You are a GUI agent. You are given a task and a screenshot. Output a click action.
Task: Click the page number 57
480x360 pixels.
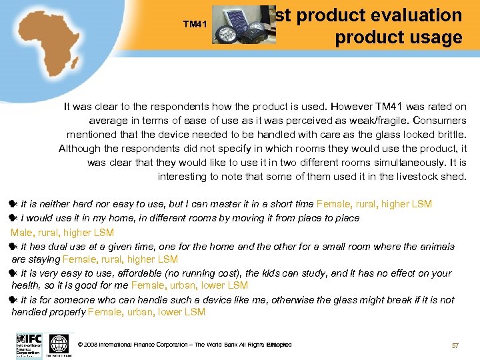pyautogui.click(x=455, y=345)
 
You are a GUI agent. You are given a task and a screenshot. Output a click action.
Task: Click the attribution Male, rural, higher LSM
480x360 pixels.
pyautogui.click(x=62, y=233)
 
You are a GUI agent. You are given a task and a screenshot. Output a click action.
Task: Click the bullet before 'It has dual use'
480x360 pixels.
pyautogui.click(x=14, y=247)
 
